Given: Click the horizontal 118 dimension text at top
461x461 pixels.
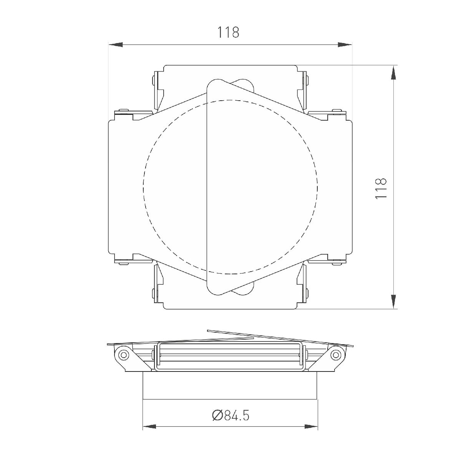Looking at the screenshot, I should pos(229,32).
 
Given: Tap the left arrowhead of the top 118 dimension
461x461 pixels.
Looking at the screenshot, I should pos(116,45).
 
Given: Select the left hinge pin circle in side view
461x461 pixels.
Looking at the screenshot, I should pos(123,354).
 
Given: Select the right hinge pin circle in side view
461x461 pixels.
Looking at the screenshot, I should pos(337,354).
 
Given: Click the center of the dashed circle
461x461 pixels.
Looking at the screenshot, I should pos(230,187).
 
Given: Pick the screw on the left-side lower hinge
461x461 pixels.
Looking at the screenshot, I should pos(123,263).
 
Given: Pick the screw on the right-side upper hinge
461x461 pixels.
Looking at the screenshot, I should pos(338,111).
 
